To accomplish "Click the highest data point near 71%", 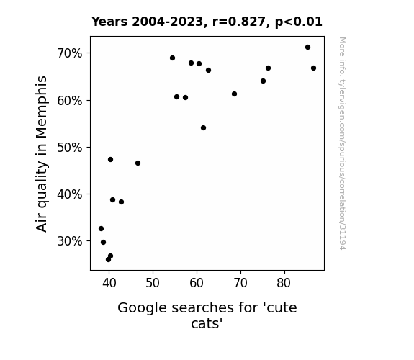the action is pyautogui.click(x=307, y=48).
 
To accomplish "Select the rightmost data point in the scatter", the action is pyautogui.click(x=313, y=68).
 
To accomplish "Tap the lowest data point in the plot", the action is pyautogui.click(x=108, y=260).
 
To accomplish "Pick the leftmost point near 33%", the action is pyautogui.click(x=101, y=228).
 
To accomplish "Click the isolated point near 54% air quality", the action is pyautogui.click(x=203, y=128).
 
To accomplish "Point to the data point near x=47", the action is pyautogui.click(x=138, y=163).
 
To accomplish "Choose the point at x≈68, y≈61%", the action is pyautogui.click(x=234, y=94).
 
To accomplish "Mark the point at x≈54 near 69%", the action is pyautogui.click(x=172, y=58).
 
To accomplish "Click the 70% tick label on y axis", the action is pyautogui.click(x=70, y=53).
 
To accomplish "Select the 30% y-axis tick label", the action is pyautogui.click(x=70, y=241).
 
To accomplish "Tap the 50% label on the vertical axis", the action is pyautogui.click(x=70, y=148).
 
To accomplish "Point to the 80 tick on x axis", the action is pyautogui.click(x=284, y=283).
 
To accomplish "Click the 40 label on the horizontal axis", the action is pyautogui.click(x=109, y=283).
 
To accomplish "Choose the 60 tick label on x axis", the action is pyautogui.click(x=197, y=283).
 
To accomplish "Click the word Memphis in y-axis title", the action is pyautogui.click(x=42, y=107).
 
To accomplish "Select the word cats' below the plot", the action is pyautogui.click(x=207, y=323).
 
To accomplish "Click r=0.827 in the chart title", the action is pyautogui.click(x=239, y=22).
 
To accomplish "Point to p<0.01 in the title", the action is pyautogui.click(x=299, y=22).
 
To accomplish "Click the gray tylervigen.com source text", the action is pyautogui.click(x=342, y=143).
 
